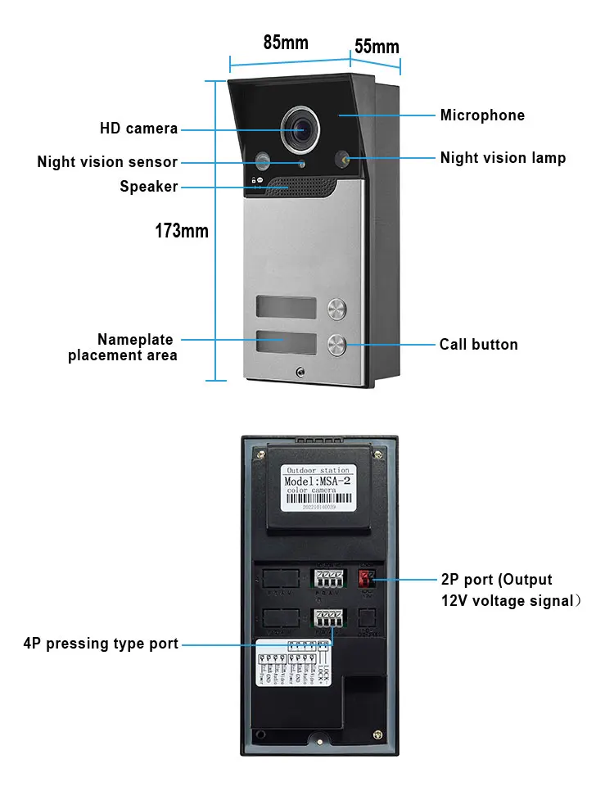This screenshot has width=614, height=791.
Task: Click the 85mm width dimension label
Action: [x=286, y=43]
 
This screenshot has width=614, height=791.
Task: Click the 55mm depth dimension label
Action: [x=377, y=47]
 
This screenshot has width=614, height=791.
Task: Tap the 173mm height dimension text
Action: [x=182, y=231]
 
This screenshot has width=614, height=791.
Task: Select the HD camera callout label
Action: [x=138, y=129]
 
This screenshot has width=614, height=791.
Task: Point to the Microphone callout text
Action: [x=482, y=115]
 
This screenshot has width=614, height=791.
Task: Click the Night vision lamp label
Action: [x=503, y=158]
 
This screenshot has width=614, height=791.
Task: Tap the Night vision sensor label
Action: [x=107, y=162]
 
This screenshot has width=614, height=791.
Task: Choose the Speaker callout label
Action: [x=148, y=187]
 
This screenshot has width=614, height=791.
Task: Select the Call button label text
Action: [x=478, y=345]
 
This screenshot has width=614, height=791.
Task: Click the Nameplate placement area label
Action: [x=123, y=347]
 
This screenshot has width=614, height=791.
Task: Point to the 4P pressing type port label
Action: [x=101, y=644]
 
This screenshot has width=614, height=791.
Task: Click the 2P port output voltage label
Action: [x=510, y=590]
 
